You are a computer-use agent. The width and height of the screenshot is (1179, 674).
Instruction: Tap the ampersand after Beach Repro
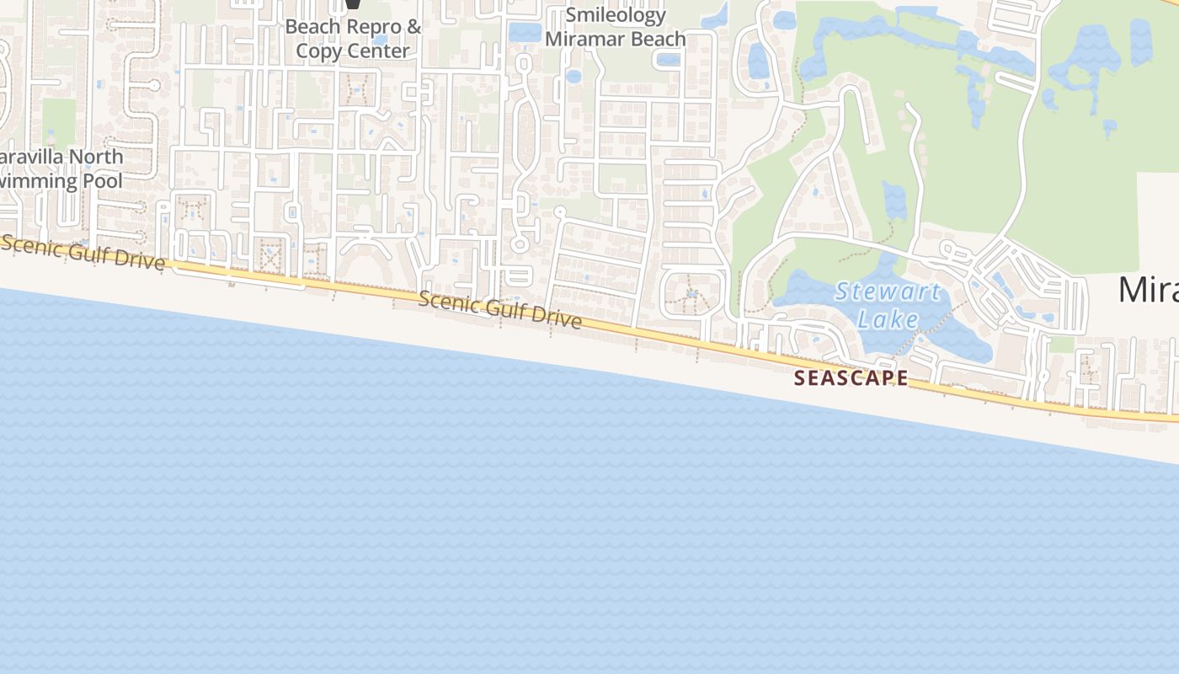(413, 27)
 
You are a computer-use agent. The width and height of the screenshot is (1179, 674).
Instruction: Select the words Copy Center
(352, 51)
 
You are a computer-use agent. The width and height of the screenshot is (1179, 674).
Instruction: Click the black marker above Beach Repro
(353, 4)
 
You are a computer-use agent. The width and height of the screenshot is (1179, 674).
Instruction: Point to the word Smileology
(616, 15)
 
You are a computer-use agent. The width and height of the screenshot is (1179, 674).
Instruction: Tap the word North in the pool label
(96, 157)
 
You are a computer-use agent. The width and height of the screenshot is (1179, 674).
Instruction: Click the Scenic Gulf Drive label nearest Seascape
(499, 309)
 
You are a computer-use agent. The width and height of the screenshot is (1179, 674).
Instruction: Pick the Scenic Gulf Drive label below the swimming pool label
(83, 252)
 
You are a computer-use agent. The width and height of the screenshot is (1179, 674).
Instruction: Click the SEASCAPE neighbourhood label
(851, 378)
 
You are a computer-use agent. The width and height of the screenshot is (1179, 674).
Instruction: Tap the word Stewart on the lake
(888, 292)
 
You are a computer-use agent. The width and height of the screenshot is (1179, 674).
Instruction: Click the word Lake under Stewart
(888, 319)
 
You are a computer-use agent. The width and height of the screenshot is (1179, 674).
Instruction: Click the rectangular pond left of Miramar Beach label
(525, 33)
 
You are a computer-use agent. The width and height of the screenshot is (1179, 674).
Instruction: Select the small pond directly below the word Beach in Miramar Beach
(667, 60)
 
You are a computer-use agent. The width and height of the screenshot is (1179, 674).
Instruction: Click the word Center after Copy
(377, 51)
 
